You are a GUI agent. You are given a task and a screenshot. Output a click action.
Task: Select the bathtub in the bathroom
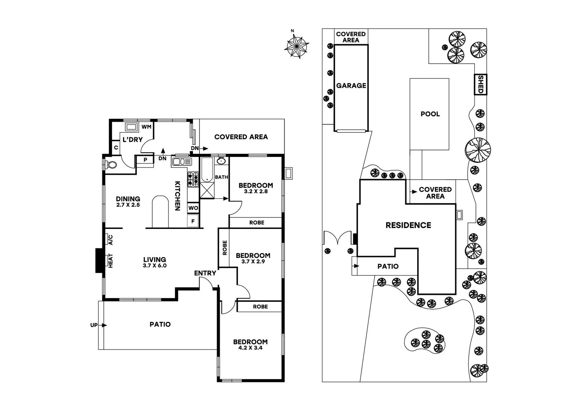tap(207, 170)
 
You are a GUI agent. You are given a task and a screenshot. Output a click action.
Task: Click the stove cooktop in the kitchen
tap(193, 179)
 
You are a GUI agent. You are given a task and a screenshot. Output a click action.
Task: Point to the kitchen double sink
tap(181, 162)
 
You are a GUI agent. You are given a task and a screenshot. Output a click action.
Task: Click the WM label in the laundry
tap(146, 127)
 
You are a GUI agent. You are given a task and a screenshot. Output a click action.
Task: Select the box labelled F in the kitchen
tap(193, 221)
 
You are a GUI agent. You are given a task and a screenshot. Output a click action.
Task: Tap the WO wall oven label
tap(193, 208)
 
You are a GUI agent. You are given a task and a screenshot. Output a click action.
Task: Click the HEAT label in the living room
tap(111, 261)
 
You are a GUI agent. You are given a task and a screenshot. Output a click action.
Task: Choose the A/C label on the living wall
tap(111, 240)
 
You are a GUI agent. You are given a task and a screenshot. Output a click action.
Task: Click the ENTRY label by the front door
tap(205, 273)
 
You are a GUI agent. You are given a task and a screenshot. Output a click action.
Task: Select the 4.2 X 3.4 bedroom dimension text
tap(251, 348)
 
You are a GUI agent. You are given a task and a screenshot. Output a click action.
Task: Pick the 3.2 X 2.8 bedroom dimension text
tap(256, 192)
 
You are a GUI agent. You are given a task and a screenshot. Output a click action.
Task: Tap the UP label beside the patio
tap(94, 325)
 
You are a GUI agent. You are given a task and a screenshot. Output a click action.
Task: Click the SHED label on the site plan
tap(481, 84)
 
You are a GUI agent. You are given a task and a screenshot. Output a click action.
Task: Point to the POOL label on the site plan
tap(430, 114)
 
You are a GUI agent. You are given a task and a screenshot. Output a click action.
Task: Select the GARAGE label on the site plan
tap(351, 86)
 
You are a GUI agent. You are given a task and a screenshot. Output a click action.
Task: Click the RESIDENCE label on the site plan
tap(408, 225)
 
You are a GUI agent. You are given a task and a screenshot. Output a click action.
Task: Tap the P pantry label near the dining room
tap(145, 160)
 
